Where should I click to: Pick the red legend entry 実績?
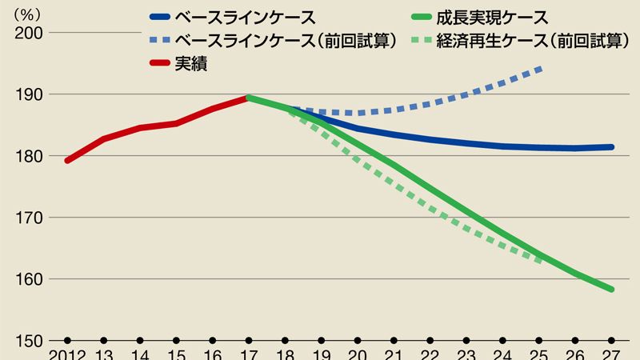coord(191,65)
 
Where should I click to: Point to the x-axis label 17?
coord(250,354)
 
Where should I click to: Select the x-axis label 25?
coord(539,354)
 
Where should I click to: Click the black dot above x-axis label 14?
coord(140,340)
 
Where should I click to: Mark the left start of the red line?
coord(67,161)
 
